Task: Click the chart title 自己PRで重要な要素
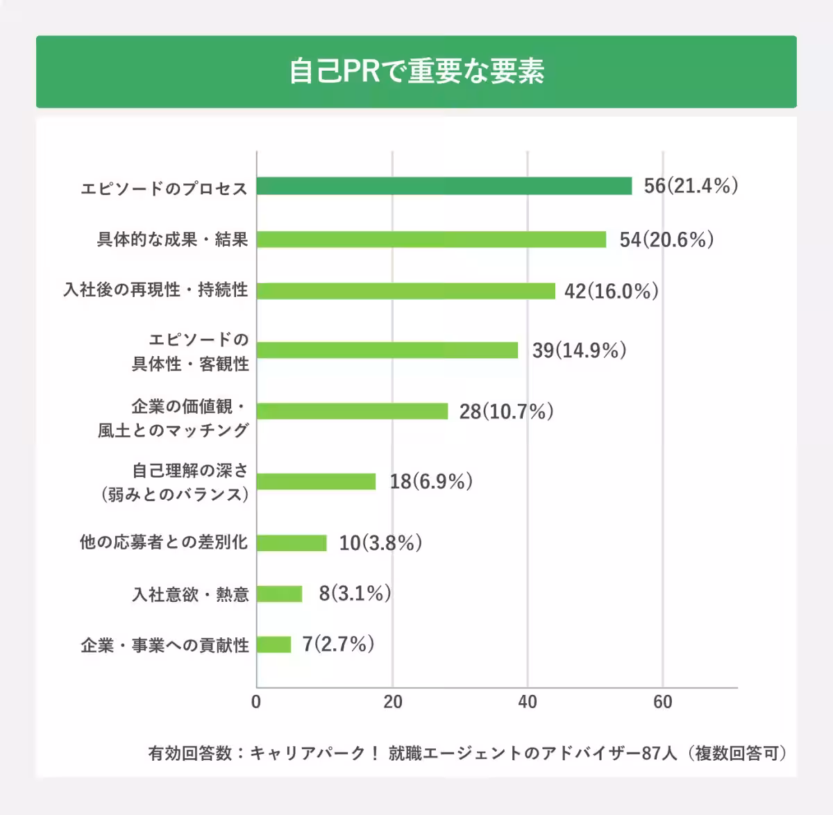pyautogui.click(x=416, y=72)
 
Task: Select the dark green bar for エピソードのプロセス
pyautogui.click(x=444, y=186)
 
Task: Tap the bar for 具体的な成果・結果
pyautogui.click(x=431, y=240)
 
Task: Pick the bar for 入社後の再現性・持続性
pyautogui.click(x=406, y=291)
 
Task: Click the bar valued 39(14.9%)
pyautogui.click(x=387, y=350)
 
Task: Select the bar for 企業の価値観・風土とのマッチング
pyautogui.click(x=353, y=411)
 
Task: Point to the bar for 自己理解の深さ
pyautogui.click(x=317, y=481)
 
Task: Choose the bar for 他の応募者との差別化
pyautogui.click(x=292, y=543)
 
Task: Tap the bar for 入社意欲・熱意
pyautogui.click(x=280, y=594)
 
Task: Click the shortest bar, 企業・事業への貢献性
pyautogui.click(x=274, y=645)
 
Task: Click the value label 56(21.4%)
pyautogui.click(x=690, y=186)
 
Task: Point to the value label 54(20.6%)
pyautogui.click(x=666, y=240)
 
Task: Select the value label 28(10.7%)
pyautogui.click(x=506, y=412)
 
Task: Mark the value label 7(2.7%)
pyautogui.click(x=338, y=644)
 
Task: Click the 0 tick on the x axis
pyautogui.click(x=256, y=702)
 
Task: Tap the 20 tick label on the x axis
pyautogui.click(x=392, y=702)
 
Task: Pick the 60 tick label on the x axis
pyautogui.click(x=662, y=702)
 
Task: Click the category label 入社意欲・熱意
pyautogui.click(x=190, y=595)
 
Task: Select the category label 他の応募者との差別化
pyautogui.click(x=164, y=542)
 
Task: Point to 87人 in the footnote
pyautogui.click(x=659, y=753)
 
